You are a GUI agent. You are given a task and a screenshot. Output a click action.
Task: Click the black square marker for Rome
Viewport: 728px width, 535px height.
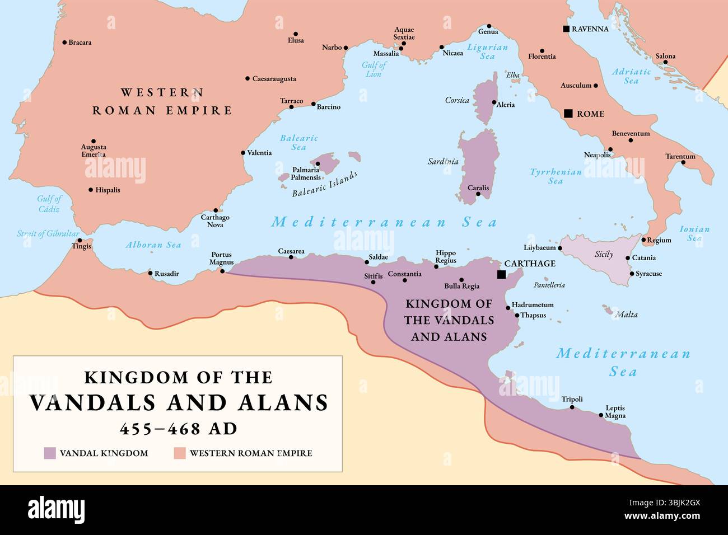(x=568, y=114)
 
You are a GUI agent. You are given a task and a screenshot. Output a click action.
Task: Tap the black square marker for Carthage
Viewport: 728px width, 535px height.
(x=501, y=274)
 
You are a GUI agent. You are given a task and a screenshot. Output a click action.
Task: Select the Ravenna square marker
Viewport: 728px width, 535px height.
(x=566, y=29)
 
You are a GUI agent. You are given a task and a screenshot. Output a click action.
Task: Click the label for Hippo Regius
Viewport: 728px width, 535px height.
(x=446, y=257)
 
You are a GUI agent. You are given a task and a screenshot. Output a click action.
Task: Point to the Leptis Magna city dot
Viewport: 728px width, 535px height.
(x=601, y=415)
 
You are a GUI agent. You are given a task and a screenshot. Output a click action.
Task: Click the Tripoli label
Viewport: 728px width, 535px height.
(x=572, y=399)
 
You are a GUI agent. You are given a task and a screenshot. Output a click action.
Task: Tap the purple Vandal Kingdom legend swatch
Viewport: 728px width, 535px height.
(x=50, y=453)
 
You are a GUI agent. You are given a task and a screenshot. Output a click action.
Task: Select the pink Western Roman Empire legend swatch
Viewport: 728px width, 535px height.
(x=179, y=453)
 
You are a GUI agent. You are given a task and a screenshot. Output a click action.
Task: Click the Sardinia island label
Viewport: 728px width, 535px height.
(x=443, y=162)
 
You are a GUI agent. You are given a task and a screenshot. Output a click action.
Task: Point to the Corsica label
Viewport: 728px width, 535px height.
(x=457, y=100)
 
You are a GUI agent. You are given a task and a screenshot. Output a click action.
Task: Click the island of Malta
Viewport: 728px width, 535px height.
(x=607, y=309)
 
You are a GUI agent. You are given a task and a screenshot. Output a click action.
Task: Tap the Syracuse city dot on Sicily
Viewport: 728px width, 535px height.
(x=631, y=274)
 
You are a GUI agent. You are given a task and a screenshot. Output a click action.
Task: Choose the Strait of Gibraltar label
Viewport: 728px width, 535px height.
(x=48, y=233)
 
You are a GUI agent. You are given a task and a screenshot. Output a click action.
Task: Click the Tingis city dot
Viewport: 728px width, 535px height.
(x=80, y=241)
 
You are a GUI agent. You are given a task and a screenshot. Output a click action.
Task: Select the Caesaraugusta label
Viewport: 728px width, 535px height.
(x=274, y=79)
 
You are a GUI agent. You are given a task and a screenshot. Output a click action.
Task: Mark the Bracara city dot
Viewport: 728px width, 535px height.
(x=64, y=43)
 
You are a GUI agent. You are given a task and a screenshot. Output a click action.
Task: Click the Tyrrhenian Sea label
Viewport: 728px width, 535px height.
(x=556, y=176)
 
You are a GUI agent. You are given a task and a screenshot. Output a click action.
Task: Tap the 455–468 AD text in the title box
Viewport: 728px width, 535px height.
(x=178, y=429)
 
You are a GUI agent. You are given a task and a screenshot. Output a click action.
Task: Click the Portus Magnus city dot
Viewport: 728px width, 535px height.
(x=222, y=271)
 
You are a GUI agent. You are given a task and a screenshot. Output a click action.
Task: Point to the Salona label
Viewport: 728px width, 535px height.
(x=665, y=56)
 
